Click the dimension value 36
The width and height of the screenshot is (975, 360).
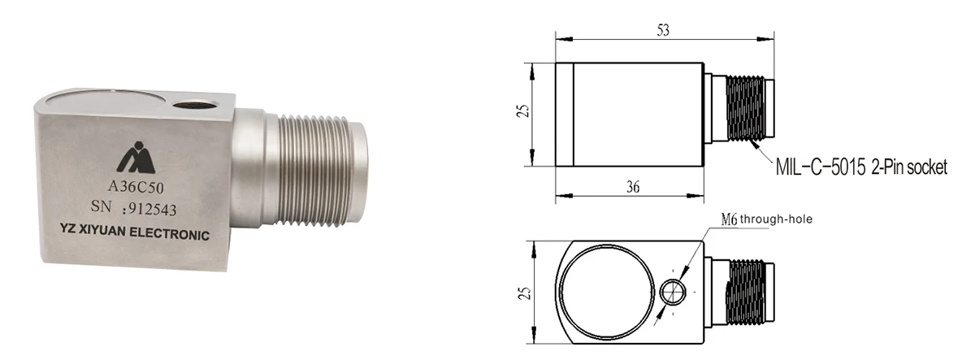[633, 186]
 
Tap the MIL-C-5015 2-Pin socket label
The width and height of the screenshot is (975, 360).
[861, 168]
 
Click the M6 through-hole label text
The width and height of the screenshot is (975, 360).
[767, 219]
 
